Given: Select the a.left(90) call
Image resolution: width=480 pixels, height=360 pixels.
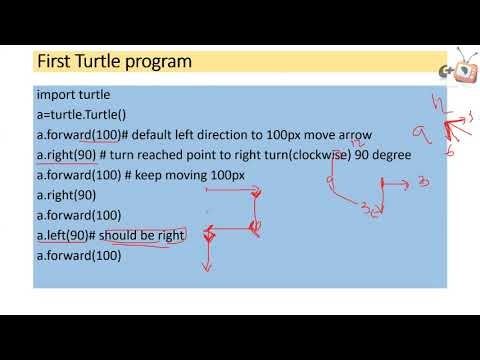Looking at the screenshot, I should click(x=62, y=235).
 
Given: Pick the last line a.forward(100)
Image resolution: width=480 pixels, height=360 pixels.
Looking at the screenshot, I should click(x=79, y=255).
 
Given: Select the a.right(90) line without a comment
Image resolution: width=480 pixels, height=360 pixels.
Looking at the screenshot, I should click(x=66, y=195).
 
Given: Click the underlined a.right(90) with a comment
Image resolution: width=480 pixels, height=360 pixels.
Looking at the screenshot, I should click(x=66, y=155).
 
